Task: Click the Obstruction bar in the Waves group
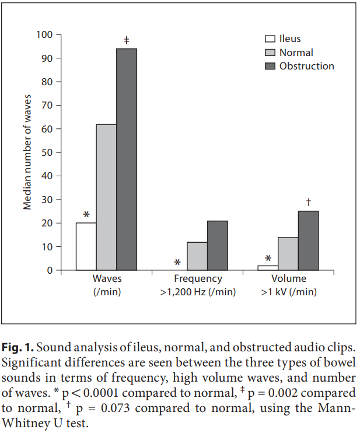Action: coord(127,159)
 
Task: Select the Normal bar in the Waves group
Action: coord(106,197)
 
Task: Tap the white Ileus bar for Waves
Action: coord(86,246)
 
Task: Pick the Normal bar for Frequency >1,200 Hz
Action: coord(197,256)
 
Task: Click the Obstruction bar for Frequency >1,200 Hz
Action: coord(218,246)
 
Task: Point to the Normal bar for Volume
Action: coord(288,254)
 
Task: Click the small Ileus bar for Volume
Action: coord(268,268)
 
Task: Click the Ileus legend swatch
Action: coord(270,39)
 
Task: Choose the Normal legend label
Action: coord(296,53)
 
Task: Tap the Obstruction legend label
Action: coord(306,66)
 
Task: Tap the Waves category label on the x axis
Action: coord(107,280)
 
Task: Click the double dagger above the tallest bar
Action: coord(127,40)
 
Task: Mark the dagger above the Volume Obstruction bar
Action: coord(308,202)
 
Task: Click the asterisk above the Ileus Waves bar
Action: coord(86,214)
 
